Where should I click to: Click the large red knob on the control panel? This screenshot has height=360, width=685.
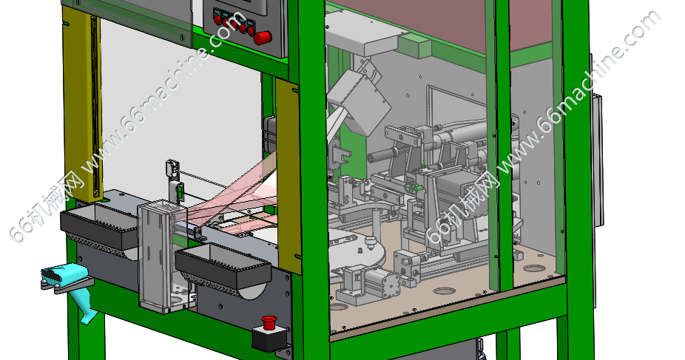(x=263, y=38)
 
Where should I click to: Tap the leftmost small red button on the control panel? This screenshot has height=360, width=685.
(x=217, y=18)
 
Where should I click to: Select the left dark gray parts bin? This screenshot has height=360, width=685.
(x=100, y=226)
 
